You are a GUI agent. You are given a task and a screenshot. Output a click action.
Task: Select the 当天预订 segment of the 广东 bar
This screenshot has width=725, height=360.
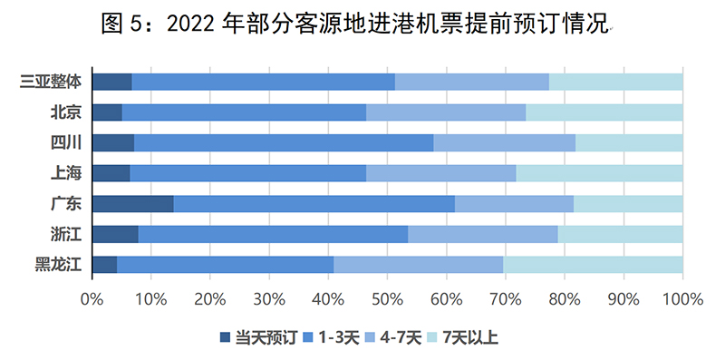(x=132, y=203)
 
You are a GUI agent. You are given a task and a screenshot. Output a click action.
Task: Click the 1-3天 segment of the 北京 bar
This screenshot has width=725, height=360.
(x=244, y=112)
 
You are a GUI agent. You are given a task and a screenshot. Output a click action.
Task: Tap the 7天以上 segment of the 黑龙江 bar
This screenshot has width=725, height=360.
(x=593, y=265)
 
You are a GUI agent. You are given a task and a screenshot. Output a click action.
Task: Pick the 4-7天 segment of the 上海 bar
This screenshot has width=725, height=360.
(x=440, y=173)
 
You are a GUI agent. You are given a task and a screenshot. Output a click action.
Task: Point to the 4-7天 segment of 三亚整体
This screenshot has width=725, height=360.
(x=471, y=82)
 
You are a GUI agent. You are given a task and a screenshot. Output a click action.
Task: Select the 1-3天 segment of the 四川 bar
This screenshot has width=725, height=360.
(x=284, y=142)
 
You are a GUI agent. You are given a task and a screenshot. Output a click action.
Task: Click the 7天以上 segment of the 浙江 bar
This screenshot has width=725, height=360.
(x=621, y=234)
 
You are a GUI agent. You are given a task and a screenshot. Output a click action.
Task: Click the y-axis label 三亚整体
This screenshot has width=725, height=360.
(x=51, y=82)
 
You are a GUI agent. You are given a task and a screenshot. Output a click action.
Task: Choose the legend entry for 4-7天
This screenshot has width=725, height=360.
(x=391, y=338)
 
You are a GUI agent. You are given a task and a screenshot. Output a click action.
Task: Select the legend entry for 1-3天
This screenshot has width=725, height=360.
(x=327, y=338)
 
